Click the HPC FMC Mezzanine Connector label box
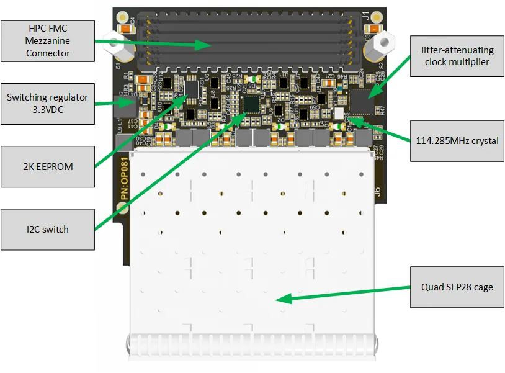[x=48, y=41]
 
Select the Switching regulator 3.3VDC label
[x=48, y=103]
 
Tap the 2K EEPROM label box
[x=48, y=166]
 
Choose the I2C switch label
[x=48, y=230]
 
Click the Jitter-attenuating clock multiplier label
[x=457, y=56]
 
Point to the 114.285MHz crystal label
[x=457, y=140]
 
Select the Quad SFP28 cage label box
[x=457, y=287]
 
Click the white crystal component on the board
[x=339, y=113]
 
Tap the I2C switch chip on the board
[x=251, y=104]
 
